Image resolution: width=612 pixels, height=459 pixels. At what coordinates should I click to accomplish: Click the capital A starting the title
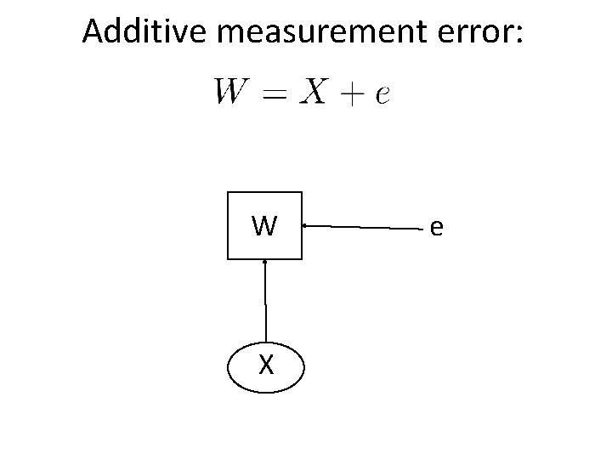pos(94,32)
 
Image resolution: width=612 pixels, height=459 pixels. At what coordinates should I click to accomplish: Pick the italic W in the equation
pos(232,90)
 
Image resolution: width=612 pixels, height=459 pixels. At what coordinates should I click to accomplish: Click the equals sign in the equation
pos(275,92)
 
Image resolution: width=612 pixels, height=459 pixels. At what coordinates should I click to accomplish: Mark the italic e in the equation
pos(382,93)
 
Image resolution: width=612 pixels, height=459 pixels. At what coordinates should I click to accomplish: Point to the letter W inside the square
pos(264,225)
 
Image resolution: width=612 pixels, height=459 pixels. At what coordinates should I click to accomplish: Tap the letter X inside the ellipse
pos(266,365)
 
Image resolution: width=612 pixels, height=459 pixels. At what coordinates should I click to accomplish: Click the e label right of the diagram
pos(436,227)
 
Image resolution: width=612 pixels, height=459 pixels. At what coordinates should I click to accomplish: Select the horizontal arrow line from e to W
pos(365,227)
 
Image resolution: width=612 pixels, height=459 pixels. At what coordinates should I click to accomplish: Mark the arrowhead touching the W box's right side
pos(305,225)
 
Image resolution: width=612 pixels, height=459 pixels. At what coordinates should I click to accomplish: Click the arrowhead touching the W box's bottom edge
pos(265,261)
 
